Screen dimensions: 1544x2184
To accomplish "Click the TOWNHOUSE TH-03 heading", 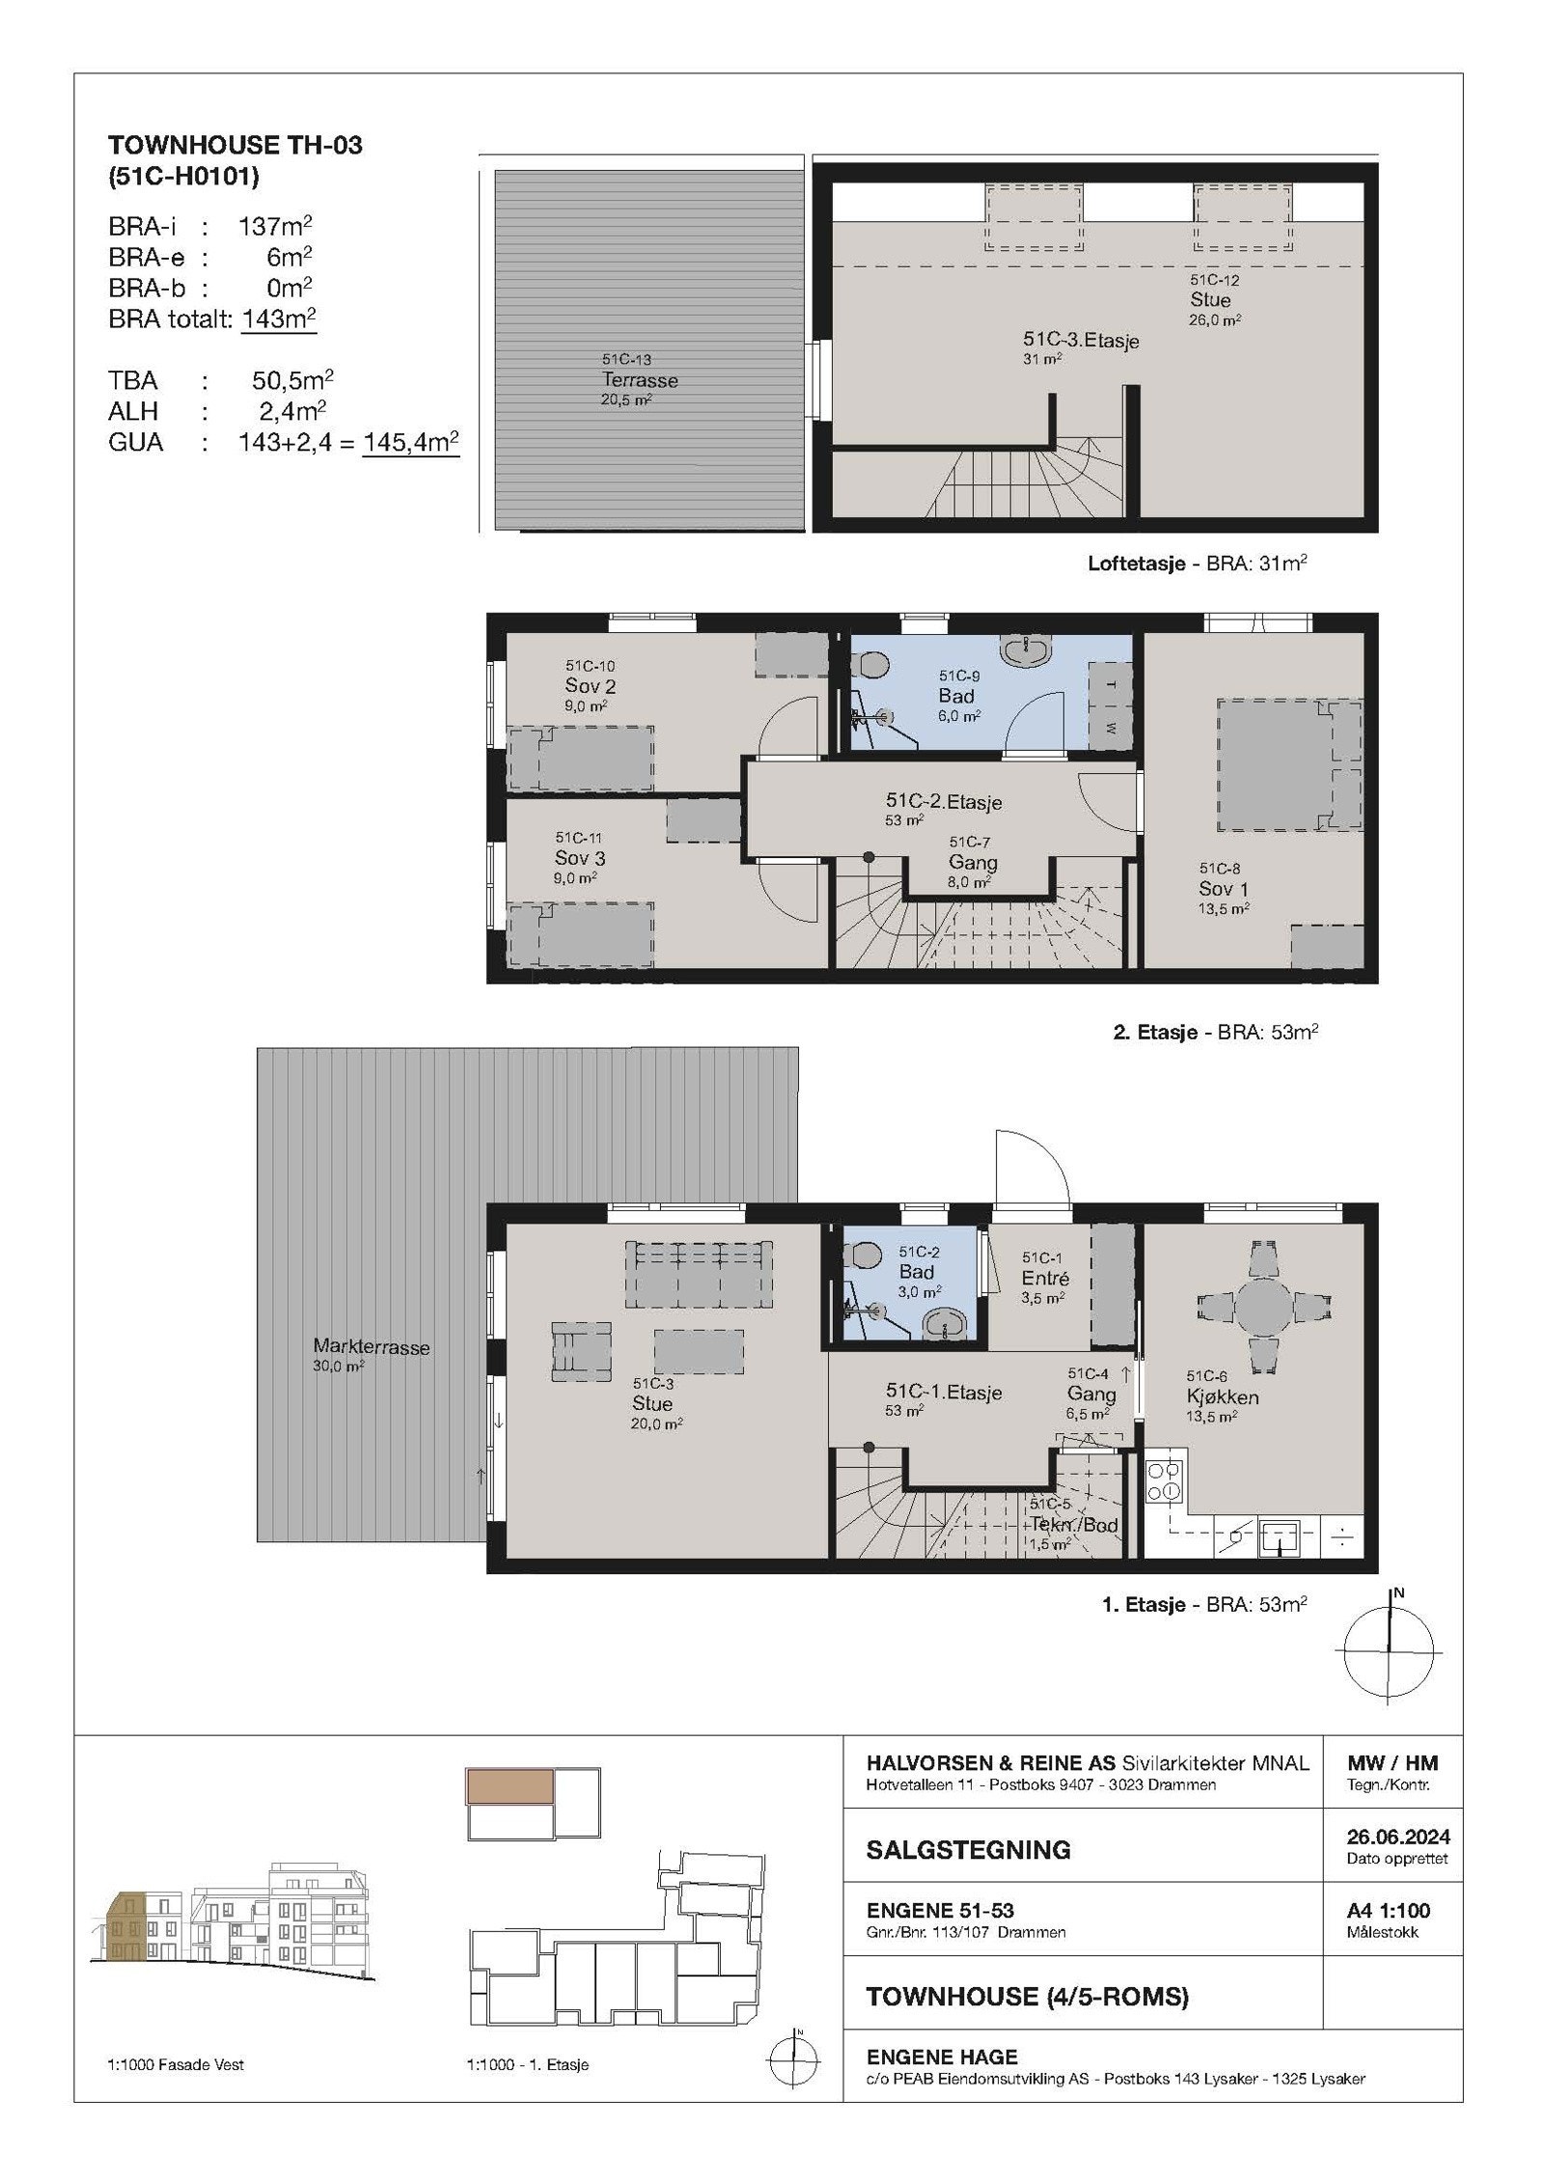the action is tap(235, 145).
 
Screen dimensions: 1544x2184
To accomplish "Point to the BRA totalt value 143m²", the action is tap(280, 319).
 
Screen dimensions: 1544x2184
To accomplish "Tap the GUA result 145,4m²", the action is tap(411, 443).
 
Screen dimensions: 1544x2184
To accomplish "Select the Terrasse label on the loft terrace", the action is tap(640, 380).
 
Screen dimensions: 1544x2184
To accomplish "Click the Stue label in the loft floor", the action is tap(1210, 300).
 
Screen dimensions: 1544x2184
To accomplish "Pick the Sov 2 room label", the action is tap(591, 686).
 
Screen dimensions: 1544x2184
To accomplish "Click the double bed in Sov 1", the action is tap(1290, 764).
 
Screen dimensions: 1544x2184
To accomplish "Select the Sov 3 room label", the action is tap(580, 858).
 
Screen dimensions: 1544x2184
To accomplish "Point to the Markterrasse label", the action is tap(372, 1347).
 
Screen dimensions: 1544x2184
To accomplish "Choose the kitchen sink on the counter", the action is tap(1280, 1534).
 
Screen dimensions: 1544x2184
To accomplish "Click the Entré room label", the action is tap(1045, 1279).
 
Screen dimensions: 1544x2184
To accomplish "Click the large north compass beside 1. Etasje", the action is tap(1389, 1649).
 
